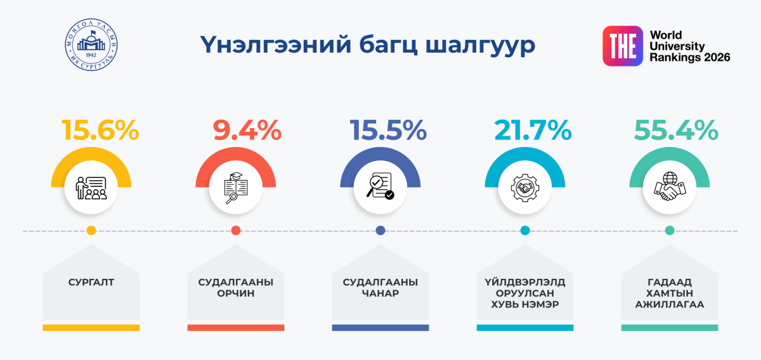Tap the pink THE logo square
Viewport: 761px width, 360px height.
click(x=622, y=46)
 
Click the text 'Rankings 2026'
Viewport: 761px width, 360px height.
click(x=689, y=58)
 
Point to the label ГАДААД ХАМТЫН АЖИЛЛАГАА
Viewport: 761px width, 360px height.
click(x=670, y=293)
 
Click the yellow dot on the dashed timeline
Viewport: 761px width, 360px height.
click(x=91, y=231)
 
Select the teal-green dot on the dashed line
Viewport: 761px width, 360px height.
click(x=669, y=231)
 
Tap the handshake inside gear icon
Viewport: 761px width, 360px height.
click(x=524, y=188)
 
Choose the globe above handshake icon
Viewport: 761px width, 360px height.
click(x=669, y=188)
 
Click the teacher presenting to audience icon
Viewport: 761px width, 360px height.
click(x=91, y=188)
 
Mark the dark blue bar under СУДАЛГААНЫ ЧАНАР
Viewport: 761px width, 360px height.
click(x=380, y=328)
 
